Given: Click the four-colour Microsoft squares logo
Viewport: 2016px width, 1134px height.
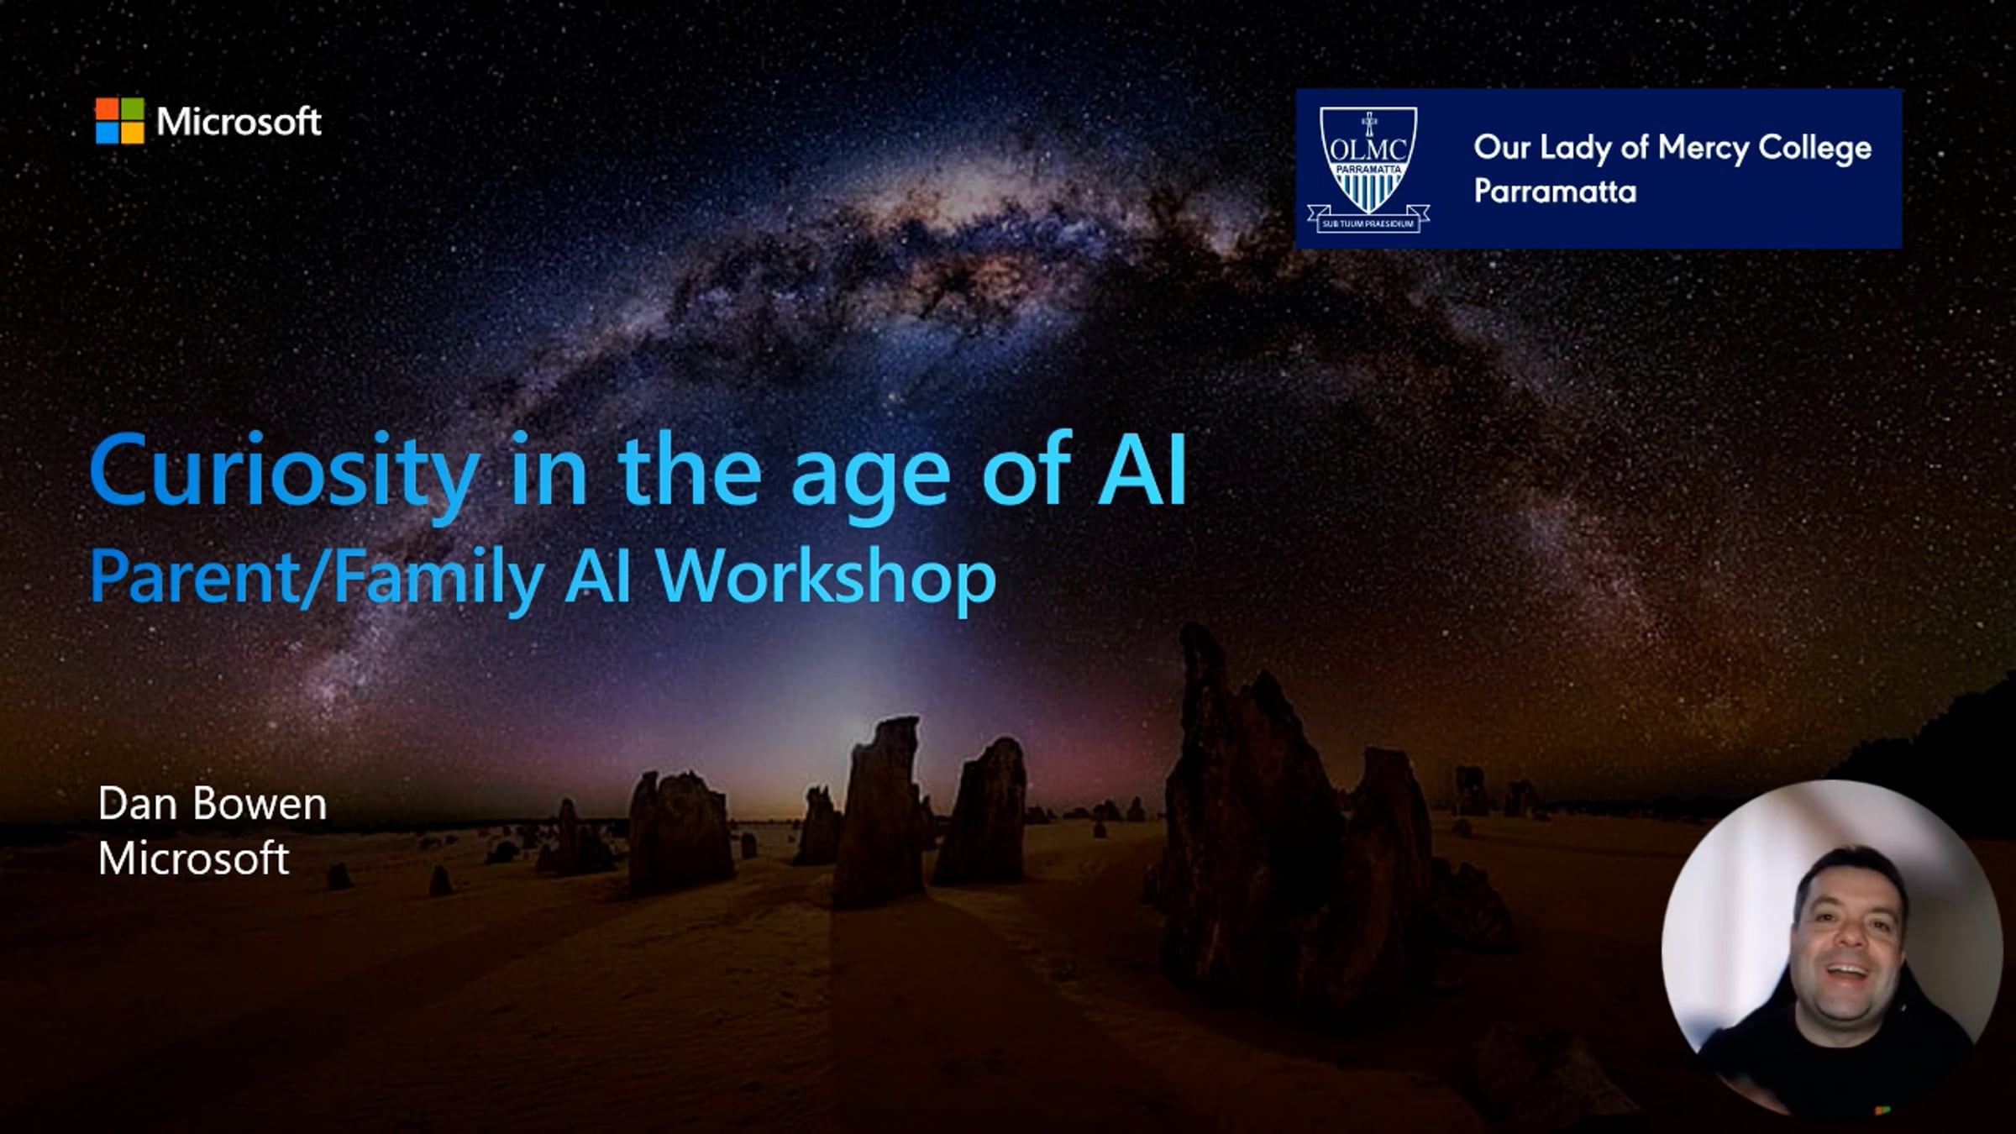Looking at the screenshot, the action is pyautogui.click(x=119, y=121).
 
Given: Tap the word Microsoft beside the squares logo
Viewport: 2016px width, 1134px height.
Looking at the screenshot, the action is pyautogui.click(x=239, y=122).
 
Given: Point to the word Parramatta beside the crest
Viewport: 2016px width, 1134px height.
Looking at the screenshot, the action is pyautogui.click(x=1555, y=192).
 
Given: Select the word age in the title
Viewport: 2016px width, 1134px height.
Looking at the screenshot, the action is pyautogui.click(x=871, y=478).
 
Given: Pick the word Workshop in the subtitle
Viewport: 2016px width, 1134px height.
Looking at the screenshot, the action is pyautogui.click(x=826, y=578).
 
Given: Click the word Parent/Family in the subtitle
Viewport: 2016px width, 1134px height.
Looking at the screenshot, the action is pyautogui.click(x=317, y=578).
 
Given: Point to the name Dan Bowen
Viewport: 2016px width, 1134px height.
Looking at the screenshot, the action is pyautogui.click(x=212, y=804).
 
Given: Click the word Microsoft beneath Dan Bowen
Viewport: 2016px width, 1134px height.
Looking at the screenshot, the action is pyautogui.click(x=194, y=858).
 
